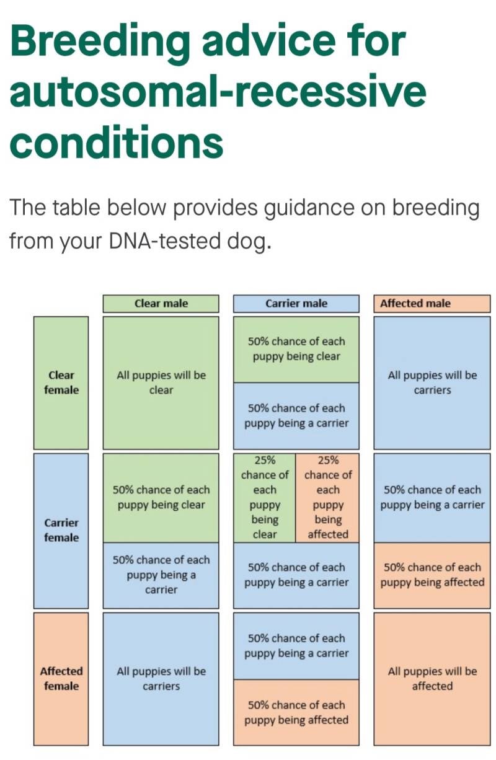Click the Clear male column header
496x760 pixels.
click(x=161, y=303)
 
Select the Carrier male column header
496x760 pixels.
click(x=296, y=303)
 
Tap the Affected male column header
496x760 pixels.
click(x=432, y=303)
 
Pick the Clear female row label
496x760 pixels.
click(x=61, y=382)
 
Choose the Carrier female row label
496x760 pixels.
click(x=61, y=531)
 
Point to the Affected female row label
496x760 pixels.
click(x=61, y=679)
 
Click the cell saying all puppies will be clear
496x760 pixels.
click(x=161, y=382)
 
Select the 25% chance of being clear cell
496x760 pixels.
click(x=264, y=498)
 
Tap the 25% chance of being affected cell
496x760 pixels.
click(x=327, y=498)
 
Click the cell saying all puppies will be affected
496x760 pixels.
click(x=432, y=679)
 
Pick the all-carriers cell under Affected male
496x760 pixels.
click(x=432, y=382)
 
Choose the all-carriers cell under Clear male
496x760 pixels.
click(x=161, y=679)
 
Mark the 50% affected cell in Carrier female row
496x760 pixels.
click(x=432, y=575)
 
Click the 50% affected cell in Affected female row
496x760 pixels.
click(x=296, y=712)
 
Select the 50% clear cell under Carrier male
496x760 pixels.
click(x=296, y=350)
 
